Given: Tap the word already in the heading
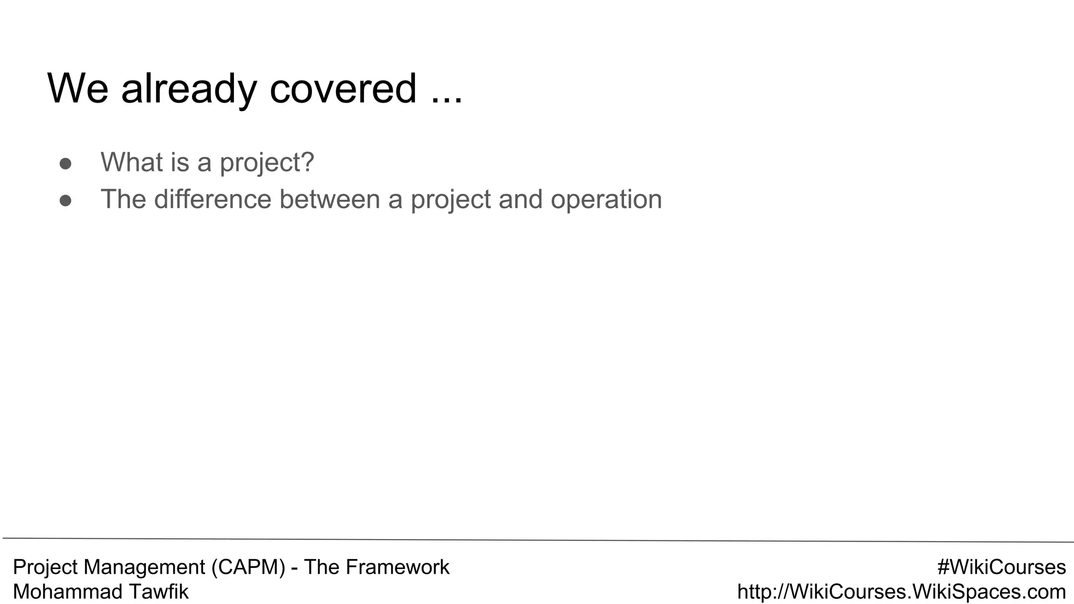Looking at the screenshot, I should (189, 89).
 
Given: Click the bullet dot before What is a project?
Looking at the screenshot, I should (66, 164).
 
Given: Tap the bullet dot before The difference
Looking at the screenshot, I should (66, 201).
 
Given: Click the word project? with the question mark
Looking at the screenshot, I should (266, 163).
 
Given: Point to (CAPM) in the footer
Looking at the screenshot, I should (248, 567).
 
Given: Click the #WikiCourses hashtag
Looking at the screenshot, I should (1001, 567).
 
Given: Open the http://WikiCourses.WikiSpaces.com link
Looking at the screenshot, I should (901, 591).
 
